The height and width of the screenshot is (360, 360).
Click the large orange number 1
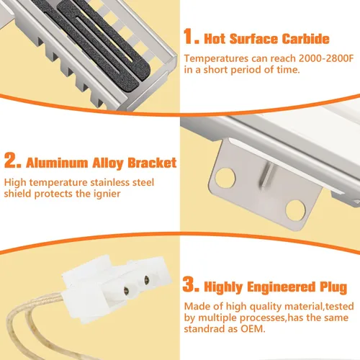[191, 37]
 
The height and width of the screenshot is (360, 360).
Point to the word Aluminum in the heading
[57, 163]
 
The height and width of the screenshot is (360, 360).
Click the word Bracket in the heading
[152, 163]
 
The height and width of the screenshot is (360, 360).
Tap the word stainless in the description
[109, 182]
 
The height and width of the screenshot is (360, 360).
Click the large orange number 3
[191, 284]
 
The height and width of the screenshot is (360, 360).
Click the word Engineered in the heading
[281, 287]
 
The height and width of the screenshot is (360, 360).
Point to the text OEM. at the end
[253, 328]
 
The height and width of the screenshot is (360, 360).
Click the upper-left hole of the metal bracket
[225, 178]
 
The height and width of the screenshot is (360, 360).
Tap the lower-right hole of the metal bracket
[295, 210]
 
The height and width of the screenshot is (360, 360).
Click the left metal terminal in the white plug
[127, 291]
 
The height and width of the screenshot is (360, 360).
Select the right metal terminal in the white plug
[146, 279]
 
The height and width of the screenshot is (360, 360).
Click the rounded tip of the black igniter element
[144, 70]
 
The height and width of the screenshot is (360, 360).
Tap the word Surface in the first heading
[254, 39]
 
